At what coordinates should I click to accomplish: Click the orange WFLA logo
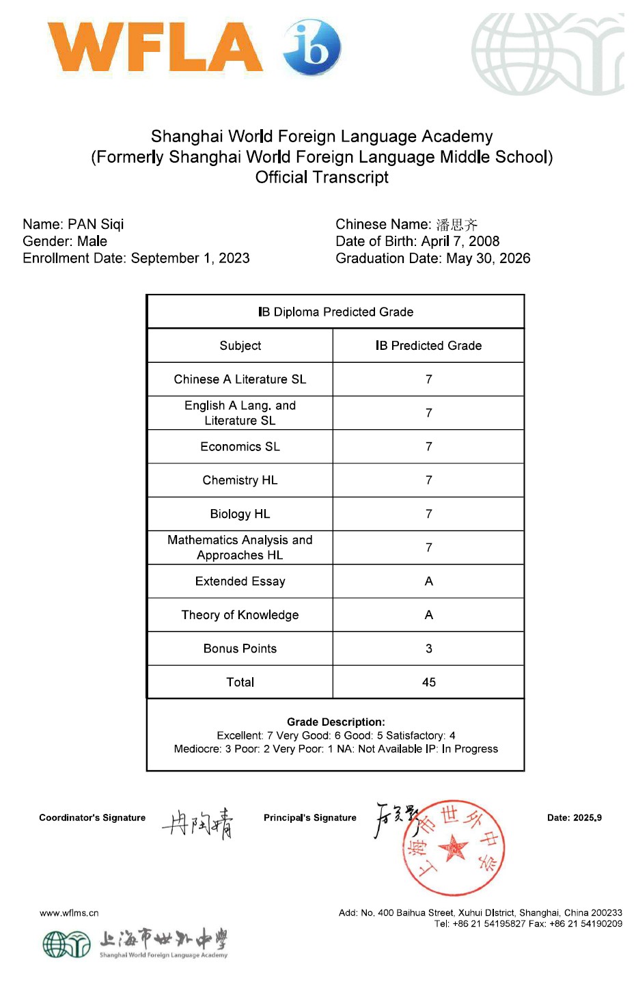(155, 47)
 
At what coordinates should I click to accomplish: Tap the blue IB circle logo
(312, 46)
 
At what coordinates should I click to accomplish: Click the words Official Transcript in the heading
(322, 178)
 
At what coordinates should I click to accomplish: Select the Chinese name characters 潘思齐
(457, 225)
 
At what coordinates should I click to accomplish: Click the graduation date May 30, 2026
(488, 258)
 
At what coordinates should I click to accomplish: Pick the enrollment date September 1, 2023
(190, 258)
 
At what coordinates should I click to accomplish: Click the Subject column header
(240, 346)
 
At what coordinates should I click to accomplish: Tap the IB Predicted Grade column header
(428, 346)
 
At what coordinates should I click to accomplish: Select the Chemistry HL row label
(240, 480)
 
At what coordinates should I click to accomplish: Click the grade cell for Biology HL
(428, 514)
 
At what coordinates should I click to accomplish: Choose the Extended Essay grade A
(428, 582)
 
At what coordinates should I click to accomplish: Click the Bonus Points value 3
(428, 649)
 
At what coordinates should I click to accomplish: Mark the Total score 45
(428, 682)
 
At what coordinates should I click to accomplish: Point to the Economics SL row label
(240, 447)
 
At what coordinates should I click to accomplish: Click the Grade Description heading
(335, 722)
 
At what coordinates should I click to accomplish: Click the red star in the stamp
(452, 849)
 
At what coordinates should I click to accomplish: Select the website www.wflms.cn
(69, 913)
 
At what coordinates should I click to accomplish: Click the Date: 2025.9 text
(574, 818)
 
